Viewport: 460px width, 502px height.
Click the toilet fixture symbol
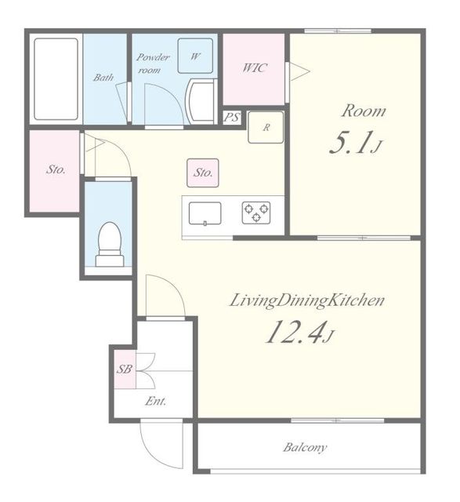point(110,244)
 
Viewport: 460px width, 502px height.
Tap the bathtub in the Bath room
point(56,78)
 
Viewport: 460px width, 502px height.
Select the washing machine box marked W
point(195,56)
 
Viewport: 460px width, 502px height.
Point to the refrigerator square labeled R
point(266,127)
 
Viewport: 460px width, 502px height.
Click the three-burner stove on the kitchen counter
point(256,213)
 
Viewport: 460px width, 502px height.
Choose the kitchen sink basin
point(205,213)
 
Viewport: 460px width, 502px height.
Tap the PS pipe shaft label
point(232,117)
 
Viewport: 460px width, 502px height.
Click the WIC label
point(255,67)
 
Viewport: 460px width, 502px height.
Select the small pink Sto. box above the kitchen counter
point(203,173)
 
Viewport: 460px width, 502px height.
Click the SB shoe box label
point(124,369)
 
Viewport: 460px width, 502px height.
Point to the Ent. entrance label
point(156,401)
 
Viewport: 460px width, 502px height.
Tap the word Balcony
point(305,447)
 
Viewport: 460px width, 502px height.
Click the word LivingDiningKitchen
point(306,301)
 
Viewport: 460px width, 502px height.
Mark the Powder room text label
point(153,64)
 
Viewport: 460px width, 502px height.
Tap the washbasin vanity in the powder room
point(201,101)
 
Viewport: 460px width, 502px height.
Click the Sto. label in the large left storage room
point(56,169)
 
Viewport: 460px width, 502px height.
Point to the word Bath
point(103,77)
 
